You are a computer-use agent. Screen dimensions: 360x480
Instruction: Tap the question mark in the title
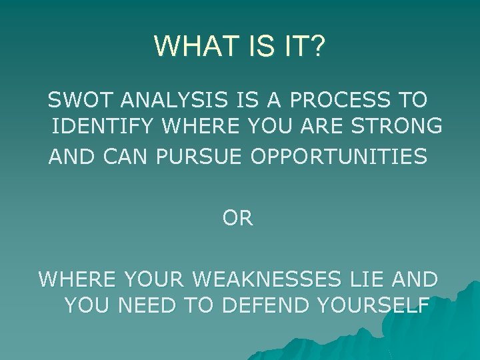317,47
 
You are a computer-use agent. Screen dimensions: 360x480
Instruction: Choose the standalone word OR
237,218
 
